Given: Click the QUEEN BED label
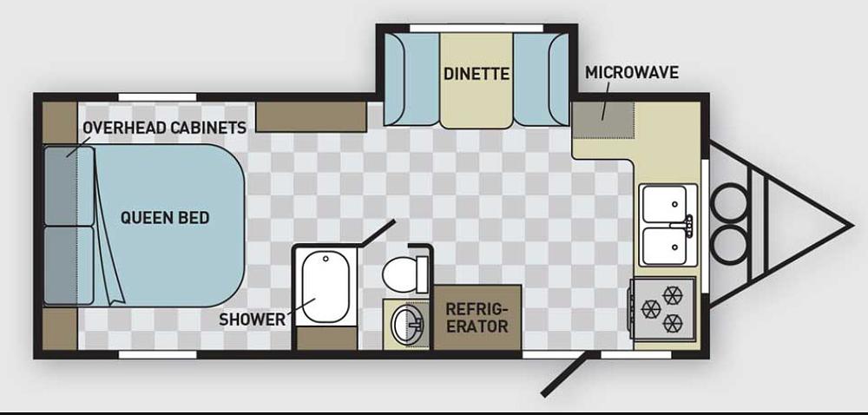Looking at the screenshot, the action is click(x=165, y=217).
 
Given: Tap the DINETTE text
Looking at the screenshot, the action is click(x=476, y=74).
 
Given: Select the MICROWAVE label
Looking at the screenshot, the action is click(x=632, y=72).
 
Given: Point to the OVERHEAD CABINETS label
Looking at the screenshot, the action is click(x=164, y=128).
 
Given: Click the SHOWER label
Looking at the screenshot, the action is click(x=252, y=319).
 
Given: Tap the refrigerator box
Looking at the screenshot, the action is click(x=477, y=318).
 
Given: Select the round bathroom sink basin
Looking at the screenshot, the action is click(x=407, y=325).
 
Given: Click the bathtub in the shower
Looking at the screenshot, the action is click(x=325, y=287).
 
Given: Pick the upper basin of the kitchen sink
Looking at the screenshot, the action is click(x=664, y=204).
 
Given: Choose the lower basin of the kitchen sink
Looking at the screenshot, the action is click(x=664, y=247).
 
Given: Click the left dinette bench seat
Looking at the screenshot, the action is click(x=411, y=79).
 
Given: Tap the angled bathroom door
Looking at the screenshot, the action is click(x=377, y=233).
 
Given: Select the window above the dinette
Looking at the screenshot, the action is click(x=477, y=28).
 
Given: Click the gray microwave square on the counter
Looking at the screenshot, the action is click(x=603, y=120).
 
